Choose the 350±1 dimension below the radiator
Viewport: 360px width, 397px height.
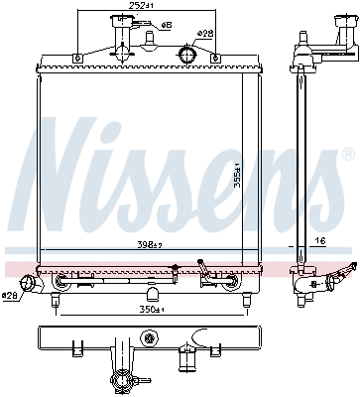[x=148, y=309]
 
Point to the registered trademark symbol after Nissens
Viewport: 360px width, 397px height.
[x=346, y=155]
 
